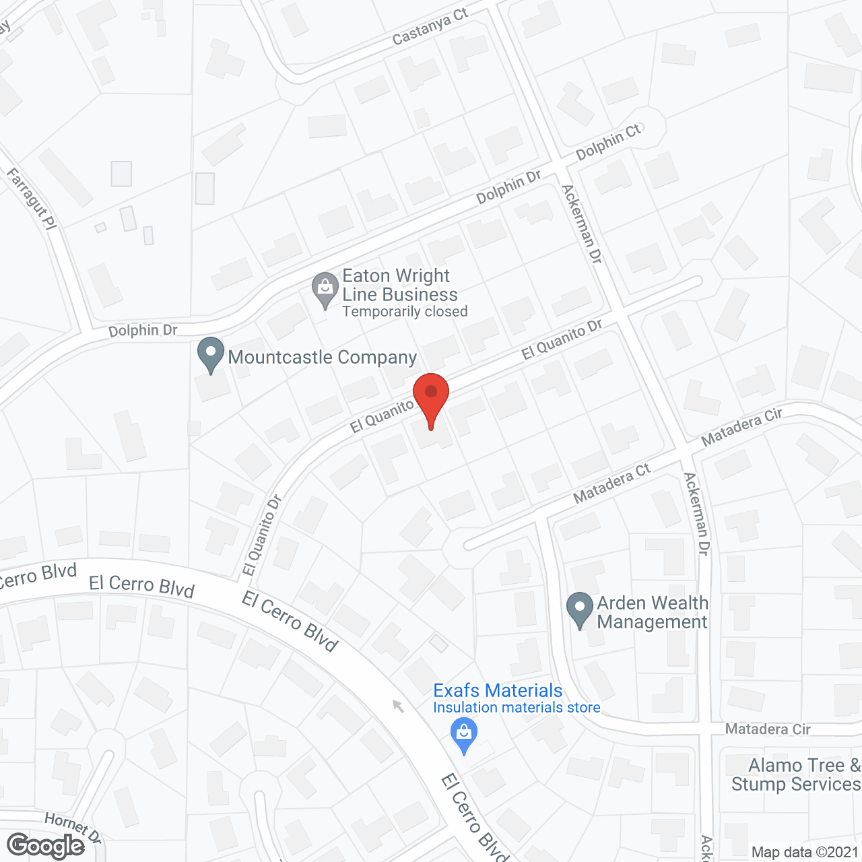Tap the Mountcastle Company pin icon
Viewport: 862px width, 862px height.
[x=211, y=354]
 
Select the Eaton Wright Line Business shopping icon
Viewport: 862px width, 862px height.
[x=325, y=290]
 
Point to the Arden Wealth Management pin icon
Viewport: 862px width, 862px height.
[x=580, y=609]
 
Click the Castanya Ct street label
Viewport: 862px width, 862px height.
[x=430, y=28]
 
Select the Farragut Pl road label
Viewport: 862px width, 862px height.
[x=32, y=199]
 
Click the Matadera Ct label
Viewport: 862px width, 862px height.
[x=611, y=484]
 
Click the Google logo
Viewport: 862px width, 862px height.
[x=46, y=846]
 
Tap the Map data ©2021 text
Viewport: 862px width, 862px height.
[x=805, y=853]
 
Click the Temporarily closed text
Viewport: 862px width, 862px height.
[x=405, y=312]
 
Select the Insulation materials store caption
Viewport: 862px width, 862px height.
[x=517, y=708]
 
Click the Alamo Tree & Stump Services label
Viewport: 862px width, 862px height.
[x=795, y=775]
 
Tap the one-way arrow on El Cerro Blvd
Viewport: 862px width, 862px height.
[x=398, y=706]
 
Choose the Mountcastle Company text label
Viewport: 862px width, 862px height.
[x=323, y=357]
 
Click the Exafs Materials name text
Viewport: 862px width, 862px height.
[x=498, y=690]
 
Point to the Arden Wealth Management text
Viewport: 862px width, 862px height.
[x=653, y=612]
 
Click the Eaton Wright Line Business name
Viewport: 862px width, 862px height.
[x=399, y=285]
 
